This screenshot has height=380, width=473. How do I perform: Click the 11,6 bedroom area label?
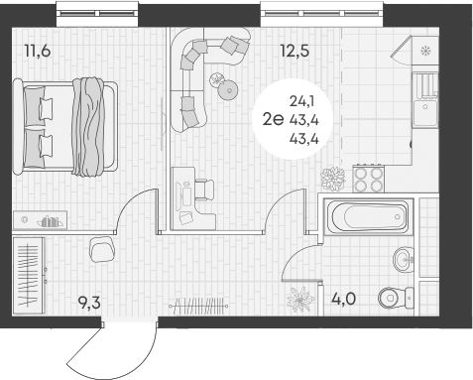click(x=37, y=51)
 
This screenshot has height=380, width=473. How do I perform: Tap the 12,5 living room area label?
click(x=295, y=51)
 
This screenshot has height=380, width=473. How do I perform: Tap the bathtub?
click(x=366, y=214)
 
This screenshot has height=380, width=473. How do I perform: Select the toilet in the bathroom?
click(x=397, y=295)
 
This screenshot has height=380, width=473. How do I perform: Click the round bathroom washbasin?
click(x=401, y=259)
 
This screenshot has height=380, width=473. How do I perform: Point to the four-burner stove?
click(x=368, y=179)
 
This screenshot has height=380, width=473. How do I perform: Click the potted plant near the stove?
click(x=331, y=179)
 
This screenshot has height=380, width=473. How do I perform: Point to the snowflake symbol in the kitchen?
click(x=425, y=51)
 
